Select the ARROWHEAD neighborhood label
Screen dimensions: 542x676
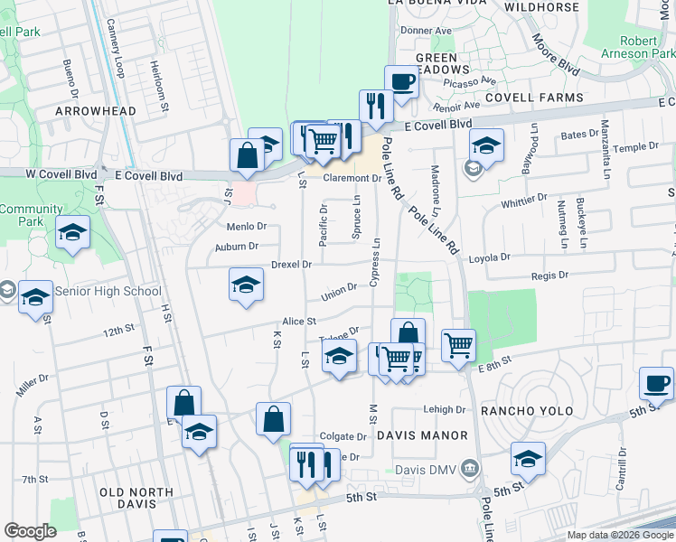(96, 111)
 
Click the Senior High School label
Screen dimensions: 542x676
(108, 291)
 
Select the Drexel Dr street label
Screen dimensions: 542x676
(291, 265)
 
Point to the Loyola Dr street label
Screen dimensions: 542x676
(490, 257)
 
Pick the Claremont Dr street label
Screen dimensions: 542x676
(352, 178)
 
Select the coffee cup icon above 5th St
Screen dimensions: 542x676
(656, 384)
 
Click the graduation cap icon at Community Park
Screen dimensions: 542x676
(72, 233)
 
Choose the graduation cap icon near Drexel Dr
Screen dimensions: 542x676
(246, 285)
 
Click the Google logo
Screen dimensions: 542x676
(30, 531)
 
